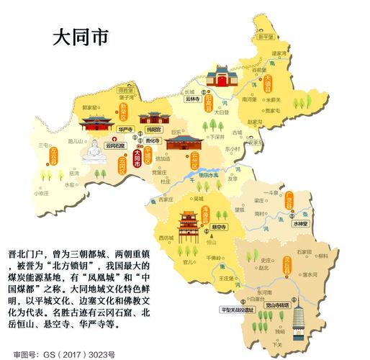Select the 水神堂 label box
(x=299, y=224)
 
